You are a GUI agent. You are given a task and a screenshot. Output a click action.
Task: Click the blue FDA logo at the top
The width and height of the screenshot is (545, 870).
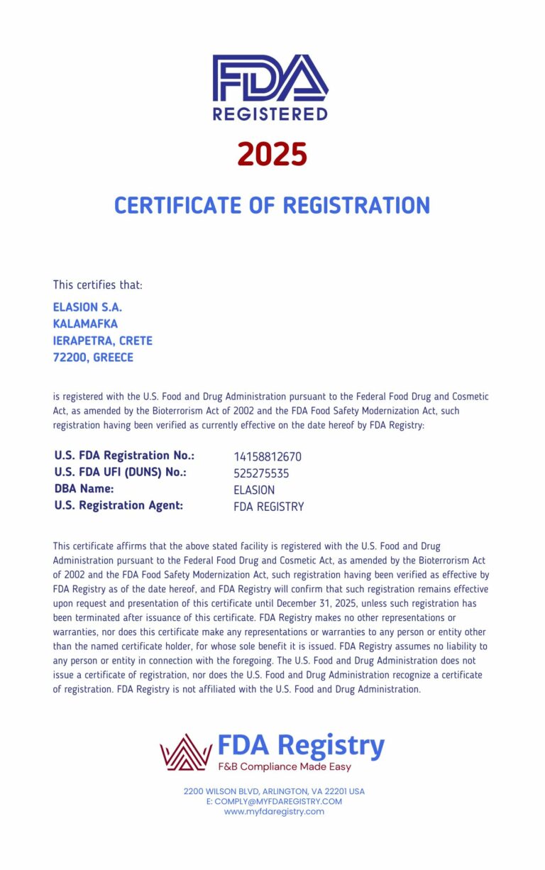[270, 78]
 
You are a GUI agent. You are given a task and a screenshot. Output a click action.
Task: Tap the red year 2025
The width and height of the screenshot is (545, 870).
[272, 154]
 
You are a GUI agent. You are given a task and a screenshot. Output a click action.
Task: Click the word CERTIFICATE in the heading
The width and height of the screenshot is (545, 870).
[177, 205]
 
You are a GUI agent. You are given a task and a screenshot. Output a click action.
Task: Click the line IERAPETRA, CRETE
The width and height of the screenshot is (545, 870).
[103, 341]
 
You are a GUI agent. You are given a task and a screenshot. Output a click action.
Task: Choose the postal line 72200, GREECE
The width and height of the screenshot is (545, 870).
[93, 358]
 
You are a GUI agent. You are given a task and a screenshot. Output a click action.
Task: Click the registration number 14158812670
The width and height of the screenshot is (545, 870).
[268, 457]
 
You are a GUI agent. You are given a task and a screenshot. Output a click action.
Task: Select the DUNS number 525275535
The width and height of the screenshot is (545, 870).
[261, 473]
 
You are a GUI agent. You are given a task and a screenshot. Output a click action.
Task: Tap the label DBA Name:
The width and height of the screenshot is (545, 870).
[84, 490]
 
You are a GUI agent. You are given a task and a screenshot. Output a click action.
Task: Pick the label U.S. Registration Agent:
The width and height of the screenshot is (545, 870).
[119, 506]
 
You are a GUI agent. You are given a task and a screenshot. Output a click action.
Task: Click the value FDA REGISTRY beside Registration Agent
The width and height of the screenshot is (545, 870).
[268, 507]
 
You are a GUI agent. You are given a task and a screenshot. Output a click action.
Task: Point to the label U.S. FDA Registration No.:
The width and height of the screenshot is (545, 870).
[124, 456]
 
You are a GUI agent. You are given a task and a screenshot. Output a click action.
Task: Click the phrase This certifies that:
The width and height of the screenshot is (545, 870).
[98, 285]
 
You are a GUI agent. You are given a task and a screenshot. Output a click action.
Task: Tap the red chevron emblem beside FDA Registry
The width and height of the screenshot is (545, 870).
[186, 752]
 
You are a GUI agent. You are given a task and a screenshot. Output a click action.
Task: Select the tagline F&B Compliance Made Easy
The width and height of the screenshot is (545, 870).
[284, 767]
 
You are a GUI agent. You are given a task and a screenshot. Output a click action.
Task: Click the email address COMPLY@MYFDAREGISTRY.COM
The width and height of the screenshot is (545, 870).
[274, 802]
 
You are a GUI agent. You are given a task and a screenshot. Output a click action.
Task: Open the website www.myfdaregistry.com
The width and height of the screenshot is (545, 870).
[274, 812]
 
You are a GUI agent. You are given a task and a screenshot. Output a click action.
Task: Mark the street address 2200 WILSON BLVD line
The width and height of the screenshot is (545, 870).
[274, 791]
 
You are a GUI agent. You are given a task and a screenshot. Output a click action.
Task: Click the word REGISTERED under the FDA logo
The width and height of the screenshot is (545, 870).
[270, 114]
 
